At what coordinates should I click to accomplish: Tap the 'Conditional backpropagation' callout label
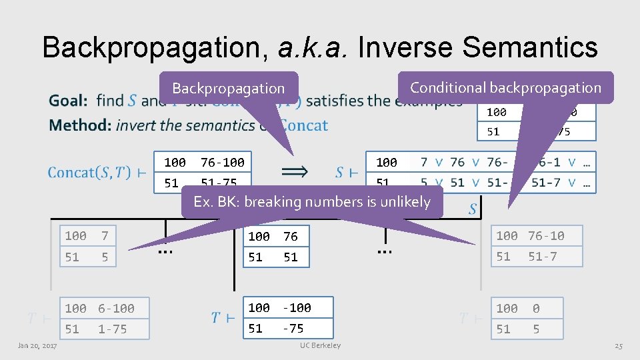[505, 87]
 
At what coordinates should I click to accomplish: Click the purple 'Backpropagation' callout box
[228, 88]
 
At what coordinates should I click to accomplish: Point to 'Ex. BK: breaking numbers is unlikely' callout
[312, 201]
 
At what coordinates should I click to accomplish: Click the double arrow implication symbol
[295, 171]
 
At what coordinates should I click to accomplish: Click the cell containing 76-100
[223, 162]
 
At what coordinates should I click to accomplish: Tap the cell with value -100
[297, 308]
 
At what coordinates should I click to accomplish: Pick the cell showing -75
[293, 329]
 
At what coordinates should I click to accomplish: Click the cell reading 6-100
[116, 309]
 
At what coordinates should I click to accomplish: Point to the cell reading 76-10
[546, 236]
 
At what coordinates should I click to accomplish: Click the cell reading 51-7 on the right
[543, 257]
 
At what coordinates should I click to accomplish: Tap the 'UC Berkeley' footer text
[320, 345]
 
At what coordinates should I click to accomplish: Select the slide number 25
[618, 345]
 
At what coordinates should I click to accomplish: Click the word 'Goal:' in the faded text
[68, 101]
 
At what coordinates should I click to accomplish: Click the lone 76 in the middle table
[290, 237]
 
